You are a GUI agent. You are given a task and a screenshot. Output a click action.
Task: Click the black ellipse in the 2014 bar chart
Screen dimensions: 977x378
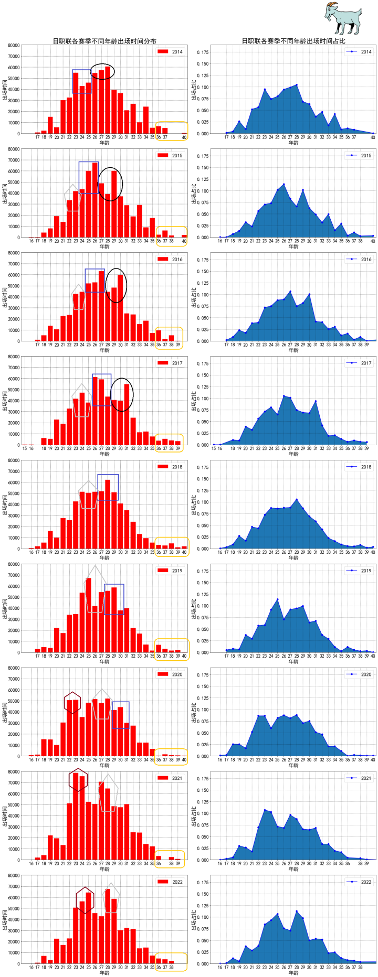pyautogui.click(x=102, y=71)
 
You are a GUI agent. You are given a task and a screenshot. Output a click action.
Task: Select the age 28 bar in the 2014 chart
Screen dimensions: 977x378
pyautogui.click(x=108, y=100)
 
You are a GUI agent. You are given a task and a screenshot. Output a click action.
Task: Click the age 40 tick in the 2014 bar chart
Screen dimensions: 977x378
pyautogui.click(x=184, y=138)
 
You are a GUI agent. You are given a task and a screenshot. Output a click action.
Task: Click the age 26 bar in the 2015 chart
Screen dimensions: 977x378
pyautogui.click(x=95, y=200)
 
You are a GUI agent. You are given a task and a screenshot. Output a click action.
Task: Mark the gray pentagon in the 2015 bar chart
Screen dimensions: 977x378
pyautogui.click(x=72, y=198)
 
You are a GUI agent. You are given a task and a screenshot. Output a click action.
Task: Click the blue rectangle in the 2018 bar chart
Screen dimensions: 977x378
pyautogui.click(x=108, y=487)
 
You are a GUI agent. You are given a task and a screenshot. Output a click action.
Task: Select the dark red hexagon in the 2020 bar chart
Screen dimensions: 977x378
pyautogui.click(x=72, y=703)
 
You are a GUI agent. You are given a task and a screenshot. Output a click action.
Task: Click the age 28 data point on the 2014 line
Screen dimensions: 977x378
pyautogui.click(x=297, y=85)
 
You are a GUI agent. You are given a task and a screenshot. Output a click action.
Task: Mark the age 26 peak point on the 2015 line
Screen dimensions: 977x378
pyautogui.click(x=284, y=184)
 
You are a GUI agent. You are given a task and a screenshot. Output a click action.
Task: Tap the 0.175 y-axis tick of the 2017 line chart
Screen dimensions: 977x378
pyautogui.click(x=203, y=363)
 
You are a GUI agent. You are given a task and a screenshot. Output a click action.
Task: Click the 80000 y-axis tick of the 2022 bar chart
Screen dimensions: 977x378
pyautogui.click(x=14, y=876)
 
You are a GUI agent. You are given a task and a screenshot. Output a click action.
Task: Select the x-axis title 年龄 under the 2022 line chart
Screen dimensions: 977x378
pyautogui.click(x=293, y=973)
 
